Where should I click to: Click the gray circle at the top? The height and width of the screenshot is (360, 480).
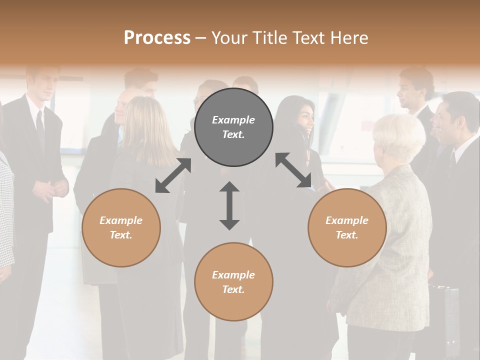point(233,127)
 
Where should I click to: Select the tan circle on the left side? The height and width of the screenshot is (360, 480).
point(121,227)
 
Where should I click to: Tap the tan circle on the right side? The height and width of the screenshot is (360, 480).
point(347,227)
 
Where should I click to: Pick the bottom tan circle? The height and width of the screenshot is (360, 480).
point(233,282)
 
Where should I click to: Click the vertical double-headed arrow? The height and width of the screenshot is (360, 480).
point(229,205)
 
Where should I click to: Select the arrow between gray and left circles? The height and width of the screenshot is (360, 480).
point(173,175)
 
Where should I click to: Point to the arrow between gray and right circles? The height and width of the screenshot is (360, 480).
point(293,170)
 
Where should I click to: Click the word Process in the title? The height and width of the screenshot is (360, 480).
point(157,37)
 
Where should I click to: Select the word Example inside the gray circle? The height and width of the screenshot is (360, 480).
point(233,120)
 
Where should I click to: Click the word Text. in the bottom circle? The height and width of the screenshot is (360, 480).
point(233,289)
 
